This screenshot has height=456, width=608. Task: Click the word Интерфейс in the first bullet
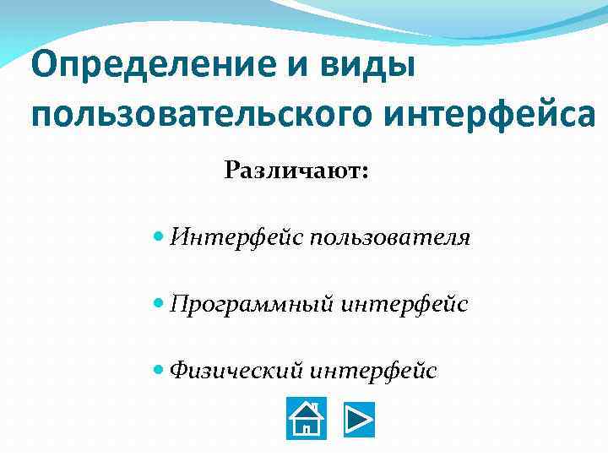point(236,238)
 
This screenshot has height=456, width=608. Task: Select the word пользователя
point(390,238)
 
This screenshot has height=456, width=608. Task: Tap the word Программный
point(252,303)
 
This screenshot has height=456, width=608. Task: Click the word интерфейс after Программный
point(404,303)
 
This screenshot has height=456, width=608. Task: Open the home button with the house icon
point(307,419)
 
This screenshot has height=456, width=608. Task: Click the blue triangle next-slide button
point(359,420)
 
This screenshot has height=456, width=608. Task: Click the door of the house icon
point(307,428)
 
